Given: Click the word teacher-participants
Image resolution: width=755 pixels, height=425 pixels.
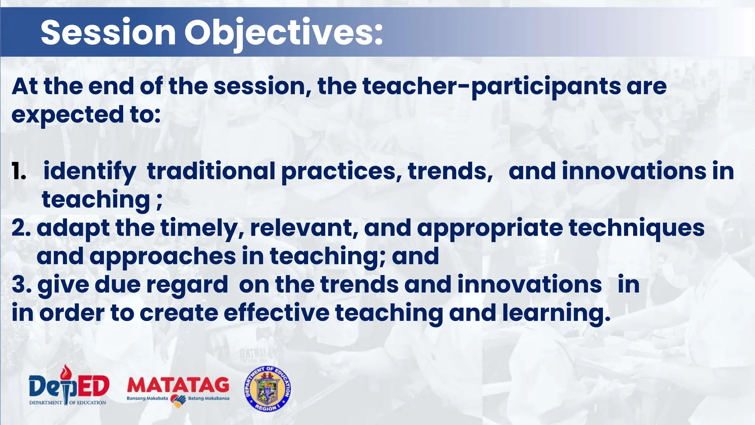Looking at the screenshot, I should (x=492, y=87).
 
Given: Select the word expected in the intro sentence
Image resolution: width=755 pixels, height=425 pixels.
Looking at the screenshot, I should (x=67, y=115).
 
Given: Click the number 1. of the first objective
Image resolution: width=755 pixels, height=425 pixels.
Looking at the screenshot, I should (x=19, y=172).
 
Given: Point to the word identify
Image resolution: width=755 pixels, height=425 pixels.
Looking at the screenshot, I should (x=90, y=172).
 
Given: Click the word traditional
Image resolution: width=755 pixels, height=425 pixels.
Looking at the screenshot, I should (x=211, y=172).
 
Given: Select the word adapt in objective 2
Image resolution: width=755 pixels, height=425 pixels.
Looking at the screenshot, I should (x=73, y=229).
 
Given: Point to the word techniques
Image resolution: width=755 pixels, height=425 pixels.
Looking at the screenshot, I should (x=637, y=229).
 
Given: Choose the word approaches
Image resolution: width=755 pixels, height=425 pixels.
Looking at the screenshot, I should (x=163, y=257).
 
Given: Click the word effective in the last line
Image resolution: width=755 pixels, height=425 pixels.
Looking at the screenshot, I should (x=276, y=313).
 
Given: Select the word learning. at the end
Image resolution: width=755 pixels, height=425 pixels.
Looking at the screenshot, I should (x=556, y=314).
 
